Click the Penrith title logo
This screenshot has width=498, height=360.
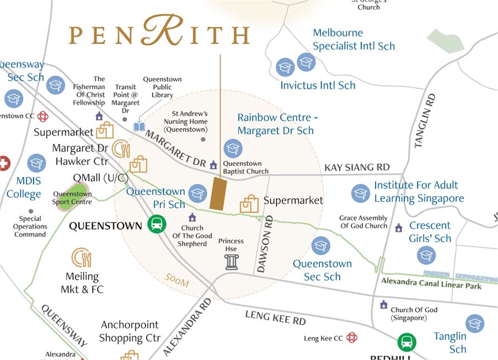tap(159, 34)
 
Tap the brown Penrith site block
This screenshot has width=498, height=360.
tap(219, 194)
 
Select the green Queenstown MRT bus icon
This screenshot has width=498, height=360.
tap(157, 225)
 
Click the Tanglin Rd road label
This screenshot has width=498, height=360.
tap(423, 121)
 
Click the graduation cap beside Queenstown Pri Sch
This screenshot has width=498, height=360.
tap(198, 192)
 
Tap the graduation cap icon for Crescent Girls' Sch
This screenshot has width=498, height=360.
tap(426, 255)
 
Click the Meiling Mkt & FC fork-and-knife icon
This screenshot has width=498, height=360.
tap(81, 258)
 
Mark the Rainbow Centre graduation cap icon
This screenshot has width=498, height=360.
tap(232, 148)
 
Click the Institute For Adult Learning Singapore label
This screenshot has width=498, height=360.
tap(419, 192)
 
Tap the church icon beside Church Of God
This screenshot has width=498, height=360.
tap(383, 305)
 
